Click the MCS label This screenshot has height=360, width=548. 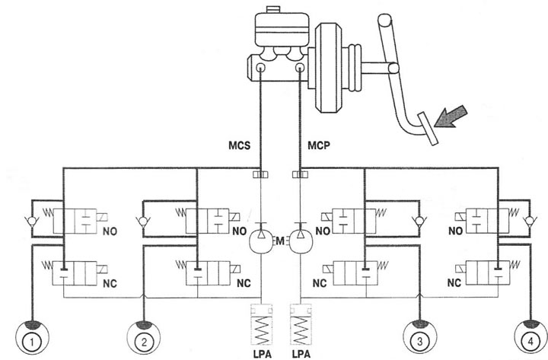pyautogui.click(x=240, y=145)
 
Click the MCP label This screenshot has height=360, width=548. pyautogui.click(x=319, y=145)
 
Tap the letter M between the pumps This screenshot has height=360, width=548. pyautogui.click(x=280, y=241)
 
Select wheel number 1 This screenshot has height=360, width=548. pyautogui.click(x=32, y=338)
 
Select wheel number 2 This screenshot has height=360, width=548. pyautogui.click(x=144, y=338)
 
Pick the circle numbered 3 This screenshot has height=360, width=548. pyautogui.click(x=419, y=338)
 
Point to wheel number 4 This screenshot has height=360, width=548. pyautogui.click(x=531, y=338)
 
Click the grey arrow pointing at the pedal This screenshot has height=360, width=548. pyautogui.click(x=451, y=116)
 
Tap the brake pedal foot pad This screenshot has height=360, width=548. pyautogui.click(x=428, y=129)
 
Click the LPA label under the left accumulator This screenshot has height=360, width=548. pyautogui.click(x=262, y=355)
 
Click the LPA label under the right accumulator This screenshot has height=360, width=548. pyautogui.click(x=301, y=355)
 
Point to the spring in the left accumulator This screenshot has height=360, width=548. pyautogui.click(x=262, y=330)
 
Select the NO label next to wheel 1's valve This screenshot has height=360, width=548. pyautogui.click(x=110, y=231)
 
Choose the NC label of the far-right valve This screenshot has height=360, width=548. pyautogui.click(x=454, y=282)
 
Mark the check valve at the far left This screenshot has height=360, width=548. pyautogui.click(x=31, y=221)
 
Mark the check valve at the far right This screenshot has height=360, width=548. pyautogui.click(x=530, y=221)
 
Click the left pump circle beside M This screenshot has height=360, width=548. pyautogui.click(x=261, y=241)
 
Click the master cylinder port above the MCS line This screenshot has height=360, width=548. pyautogui.click(x=260, y=68)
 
